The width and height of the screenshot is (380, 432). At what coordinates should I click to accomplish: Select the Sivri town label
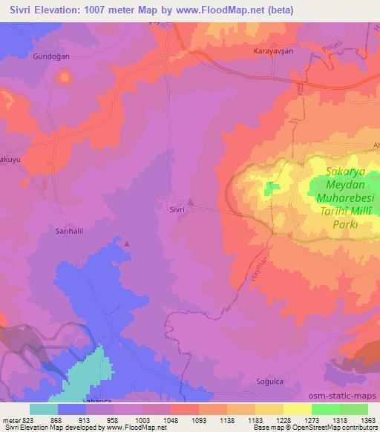tap(173, 209)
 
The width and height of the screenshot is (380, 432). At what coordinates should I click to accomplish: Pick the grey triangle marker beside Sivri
tap(191, 202)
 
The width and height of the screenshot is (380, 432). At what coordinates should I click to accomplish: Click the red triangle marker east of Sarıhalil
tap(127, 243)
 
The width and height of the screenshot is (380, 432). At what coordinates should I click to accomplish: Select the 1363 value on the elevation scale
tap(369, 420)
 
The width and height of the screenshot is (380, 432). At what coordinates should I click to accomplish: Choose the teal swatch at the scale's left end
tap(43, 409)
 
